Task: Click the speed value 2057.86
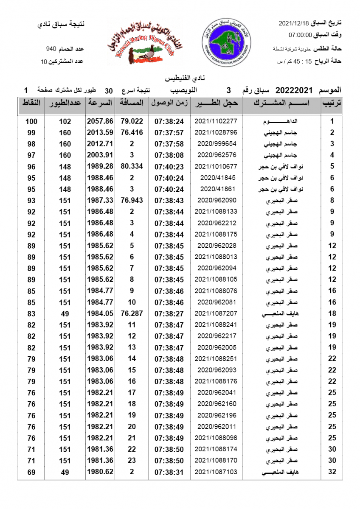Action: point(100,121)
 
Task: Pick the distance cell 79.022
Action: point(132,121)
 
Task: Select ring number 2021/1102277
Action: point(216,121)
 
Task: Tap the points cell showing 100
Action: point(31,121)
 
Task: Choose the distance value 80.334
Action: point(132,167)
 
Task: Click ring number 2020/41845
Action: point(216,178)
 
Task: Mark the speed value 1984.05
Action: point(100,314)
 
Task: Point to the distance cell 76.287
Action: point(132,314)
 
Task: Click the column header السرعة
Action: point(100,103)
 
